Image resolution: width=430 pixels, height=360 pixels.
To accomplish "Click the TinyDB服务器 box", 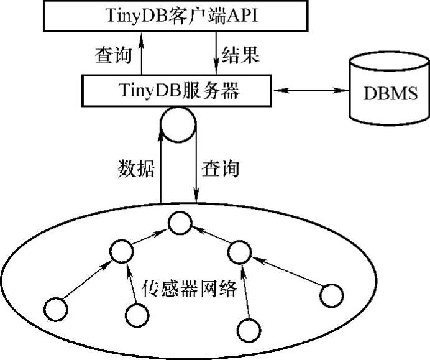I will point(178,91).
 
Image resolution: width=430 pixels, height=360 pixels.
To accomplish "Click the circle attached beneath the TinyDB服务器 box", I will point(178,126).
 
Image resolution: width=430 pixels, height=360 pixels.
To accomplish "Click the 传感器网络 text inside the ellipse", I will point(189,288).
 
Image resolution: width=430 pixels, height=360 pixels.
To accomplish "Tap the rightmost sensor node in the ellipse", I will point(331,294).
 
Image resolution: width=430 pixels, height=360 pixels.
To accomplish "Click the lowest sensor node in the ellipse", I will point(247,328).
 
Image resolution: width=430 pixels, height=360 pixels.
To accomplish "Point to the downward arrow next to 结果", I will point(214,55).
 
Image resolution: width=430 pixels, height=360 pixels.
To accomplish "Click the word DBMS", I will point(390,96).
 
